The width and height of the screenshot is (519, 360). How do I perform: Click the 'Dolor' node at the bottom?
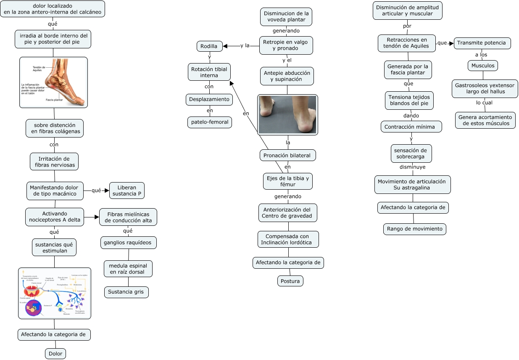[x=55, y=354]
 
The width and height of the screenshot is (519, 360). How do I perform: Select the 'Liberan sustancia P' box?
[x=127, y=190]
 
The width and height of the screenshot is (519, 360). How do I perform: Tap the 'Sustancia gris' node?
[x=126, y=292]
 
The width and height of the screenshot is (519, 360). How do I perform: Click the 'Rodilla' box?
[x=209, y=46]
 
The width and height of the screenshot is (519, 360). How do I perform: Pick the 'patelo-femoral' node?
[x=210, y=122]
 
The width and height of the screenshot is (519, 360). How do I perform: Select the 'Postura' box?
[x=290, y=281]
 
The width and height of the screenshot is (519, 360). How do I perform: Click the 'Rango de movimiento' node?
[x=414, y=229]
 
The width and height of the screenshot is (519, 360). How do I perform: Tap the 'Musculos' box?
[x=483, y=66]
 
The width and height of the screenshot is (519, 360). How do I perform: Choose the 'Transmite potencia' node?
[x=482, y=43]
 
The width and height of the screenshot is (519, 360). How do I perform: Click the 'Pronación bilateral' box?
[x=287, y=155]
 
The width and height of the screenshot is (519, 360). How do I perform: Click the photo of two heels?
[x=287, y=114]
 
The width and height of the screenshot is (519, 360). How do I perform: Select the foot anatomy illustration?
[x=53, y=82]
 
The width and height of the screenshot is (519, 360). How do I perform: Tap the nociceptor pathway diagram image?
[x=55, y=293]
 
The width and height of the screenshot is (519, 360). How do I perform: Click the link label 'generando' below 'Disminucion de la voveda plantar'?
[x=286, y=31]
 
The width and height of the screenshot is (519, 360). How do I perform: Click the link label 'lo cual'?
[x=484, y=103]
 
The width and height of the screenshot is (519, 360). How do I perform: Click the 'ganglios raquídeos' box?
[x=129, y=242]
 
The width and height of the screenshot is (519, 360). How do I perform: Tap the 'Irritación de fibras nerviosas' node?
[x=54, y=161]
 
